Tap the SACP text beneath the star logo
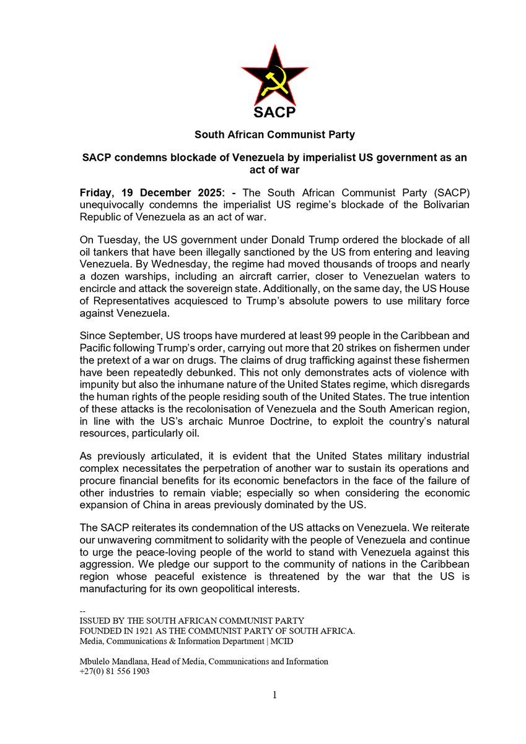click(x=274, y=112)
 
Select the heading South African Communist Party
click(x=274, y=135)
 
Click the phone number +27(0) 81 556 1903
click(x=115, y=671)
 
